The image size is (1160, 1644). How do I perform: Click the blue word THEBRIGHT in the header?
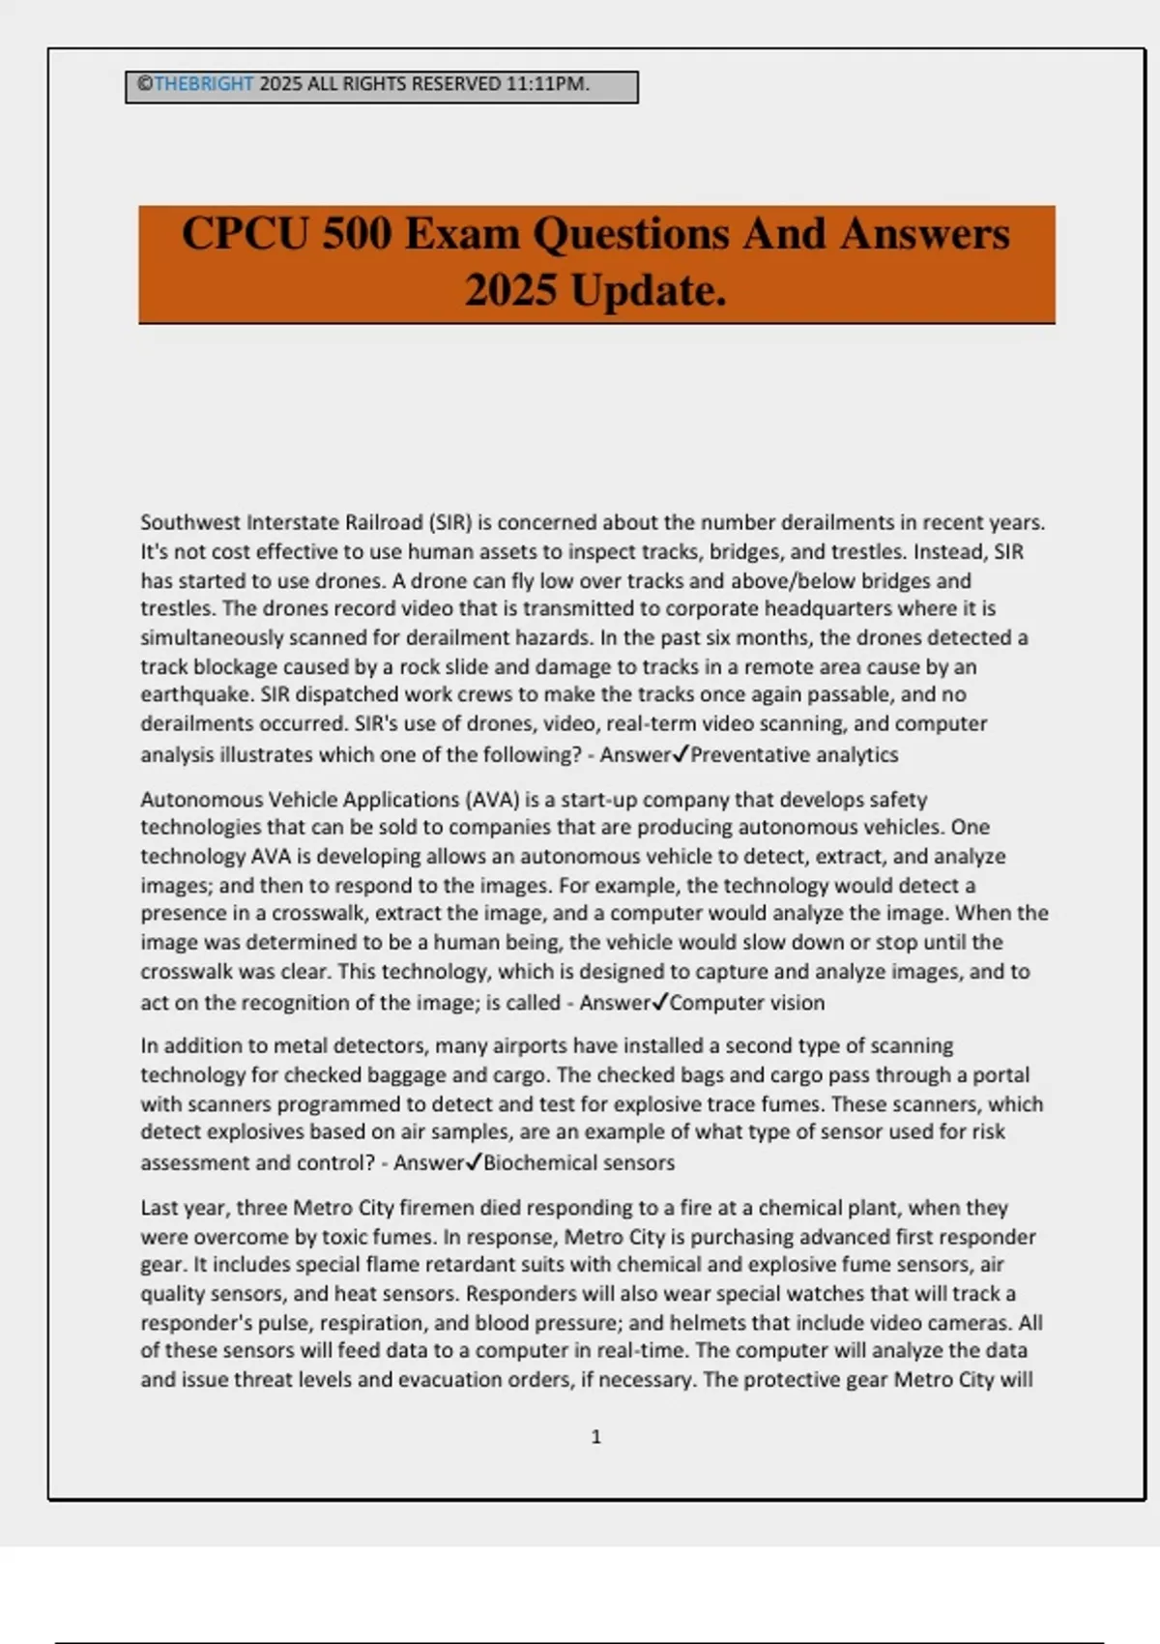point(203,84)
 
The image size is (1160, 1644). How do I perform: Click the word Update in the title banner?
point(648,290)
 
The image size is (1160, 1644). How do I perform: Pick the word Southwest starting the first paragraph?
point(190,523)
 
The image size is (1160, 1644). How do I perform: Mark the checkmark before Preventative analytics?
point(681,754)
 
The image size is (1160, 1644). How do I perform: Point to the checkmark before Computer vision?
point(660,1003)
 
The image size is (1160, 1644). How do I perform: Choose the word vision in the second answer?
point(796,1003)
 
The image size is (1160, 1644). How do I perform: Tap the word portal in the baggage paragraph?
point(1001,1075)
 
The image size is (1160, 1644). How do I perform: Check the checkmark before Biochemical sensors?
point(474,1162)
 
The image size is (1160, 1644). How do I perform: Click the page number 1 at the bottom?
point(595,1437)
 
